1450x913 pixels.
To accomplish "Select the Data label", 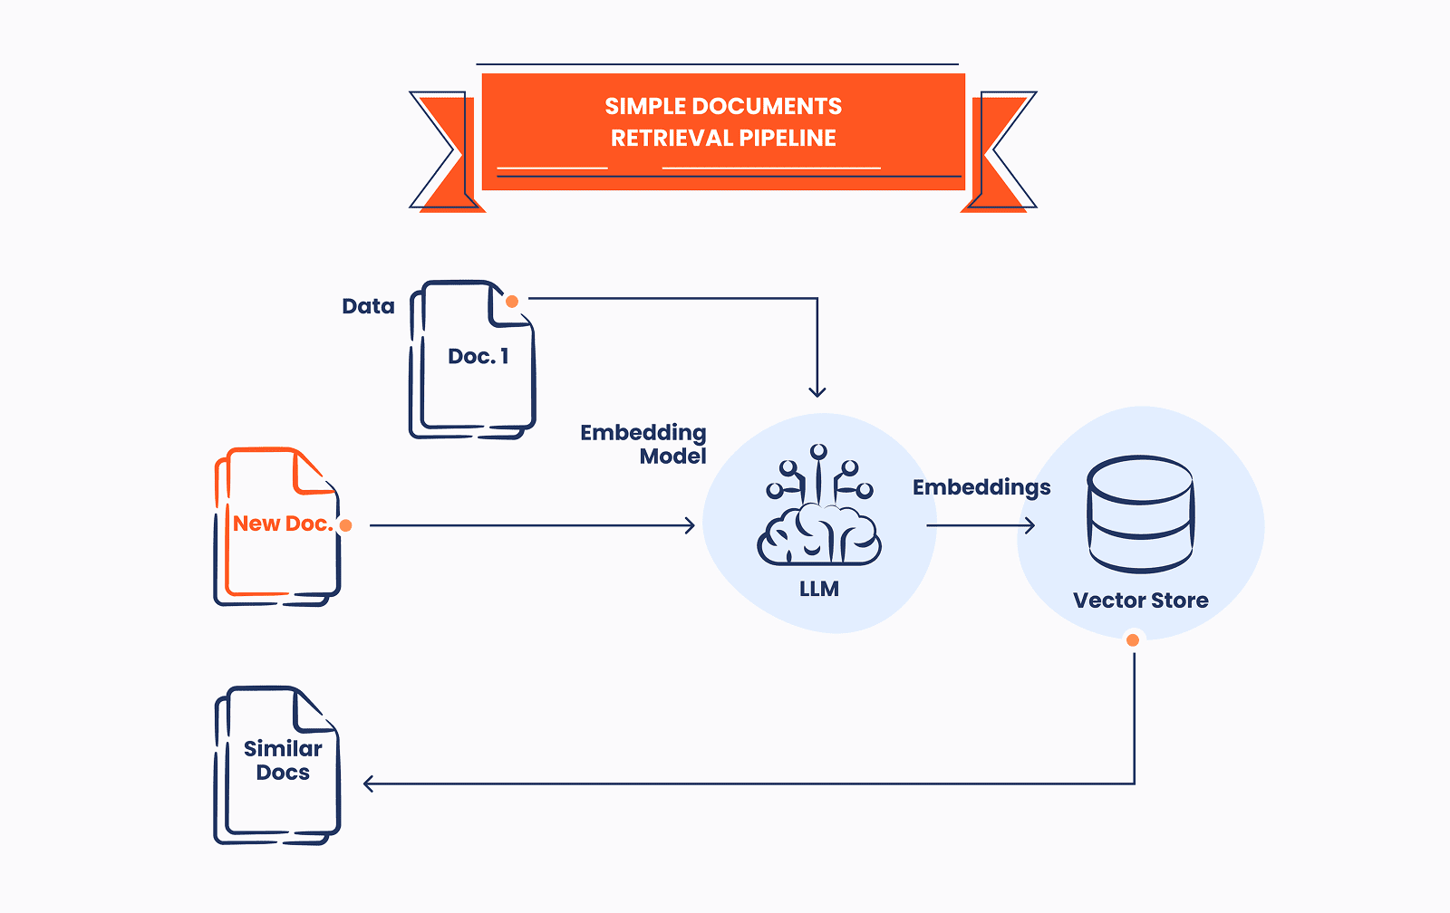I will tap(368, 307).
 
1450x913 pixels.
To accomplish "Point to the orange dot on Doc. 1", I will tap(512, 302).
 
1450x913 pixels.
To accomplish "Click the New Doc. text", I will tap(282, 524).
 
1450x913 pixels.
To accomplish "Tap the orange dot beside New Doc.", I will tap(345, 525).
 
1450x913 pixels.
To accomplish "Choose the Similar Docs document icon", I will tap(277, 765).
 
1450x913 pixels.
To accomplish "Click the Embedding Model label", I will tap(643, 444).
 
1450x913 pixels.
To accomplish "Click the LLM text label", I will tap(818, 590).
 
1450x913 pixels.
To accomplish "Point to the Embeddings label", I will tap(981, 488).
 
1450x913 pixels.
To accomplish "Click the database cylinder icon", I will tap(1140, 514).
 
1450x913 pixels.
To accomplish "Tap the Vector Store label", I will tap(1140, 601).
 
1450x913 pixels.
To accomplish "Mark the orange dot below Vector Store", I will tap(1133, 640).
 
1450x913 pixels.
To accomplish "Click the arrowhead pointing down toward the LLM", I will tap(817, 391).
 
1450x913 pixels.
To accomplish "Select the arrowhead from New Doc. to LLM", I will tap(690, 525).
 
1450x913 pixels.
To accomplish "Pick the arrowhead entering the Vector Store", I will tap(1029, 525).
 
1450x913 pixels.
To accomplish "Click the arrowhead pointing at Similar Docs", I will tap(369, 783).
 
